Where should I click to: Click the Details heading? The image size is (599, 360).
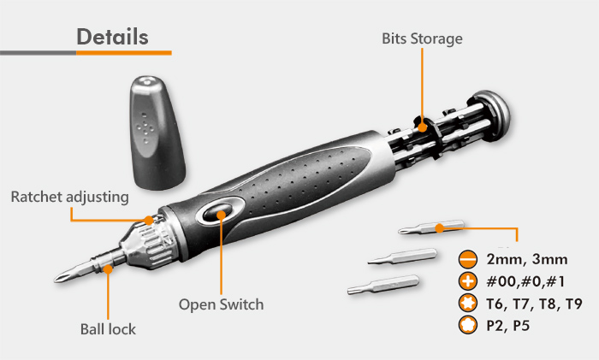[112, 37]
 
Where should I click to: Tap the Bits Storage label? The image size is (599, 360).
[422, 38]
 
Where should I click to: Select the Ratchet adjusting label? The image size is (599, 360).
[69, 197]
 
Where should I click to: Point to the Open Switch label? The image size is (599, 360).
[221, 304]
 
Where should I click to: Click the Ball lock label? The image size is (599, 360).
[108, 328]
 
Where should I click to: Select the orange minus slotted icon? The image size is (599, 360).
[467, 259]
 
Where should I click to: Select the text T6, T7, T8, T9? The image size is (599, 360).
[533, 303]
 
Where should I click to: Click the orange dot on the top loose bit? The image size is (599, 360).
[438, 227]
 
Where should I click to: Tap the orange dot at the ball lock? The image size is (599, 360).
[110, 268]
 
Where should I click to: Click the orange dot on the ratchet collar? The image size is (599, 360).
[150, 220]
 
